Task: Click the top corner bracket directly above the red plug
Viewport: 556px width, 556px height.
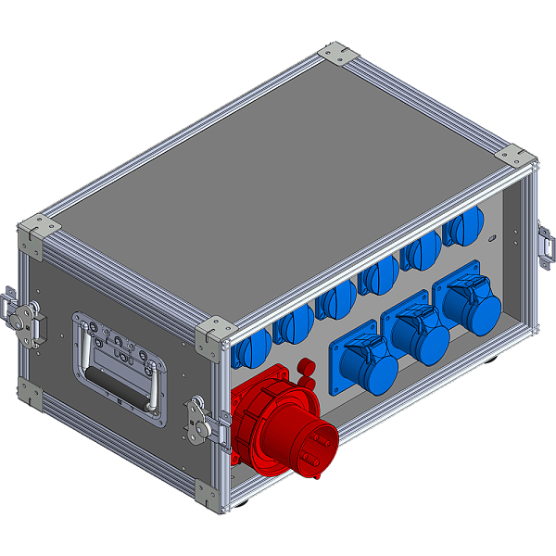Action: [213, 334]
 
